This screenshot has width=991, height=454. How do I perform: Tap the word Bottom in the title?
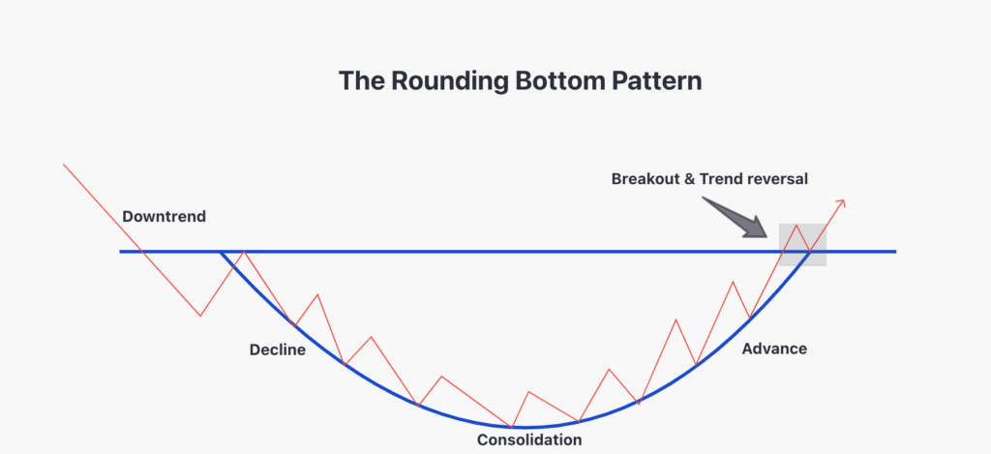click(560, 80)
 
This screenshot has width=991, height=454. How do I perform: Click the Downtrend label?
click(164, 217)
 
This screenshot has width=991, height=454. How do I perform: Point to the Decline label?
click(277, 349)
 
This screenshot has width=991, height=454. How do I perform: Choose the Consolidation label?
click(529, 440)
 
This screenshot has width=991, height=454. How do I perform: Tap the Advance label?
click(774, 348)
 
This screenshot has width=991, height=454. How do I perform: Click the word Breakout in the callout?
click(646, 179)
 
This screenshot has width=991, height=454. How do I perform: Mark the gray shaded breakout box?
click(802, 244)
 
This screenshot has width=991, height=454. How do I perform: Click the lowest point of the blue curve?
click(524, 427)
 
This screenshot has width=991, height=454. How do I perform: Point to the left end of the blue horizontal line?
click(121, 252)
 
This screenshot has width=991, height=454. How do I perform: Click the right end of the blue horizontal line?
click(895, 252)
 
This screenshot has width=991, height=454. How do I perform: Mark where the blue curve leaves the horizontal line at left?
click(221, 253)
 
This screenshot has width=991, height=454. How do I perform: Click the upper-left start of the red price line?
click(64, 164)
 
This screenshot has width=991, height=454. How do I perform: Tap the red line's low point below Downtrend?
click(200, 316)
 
